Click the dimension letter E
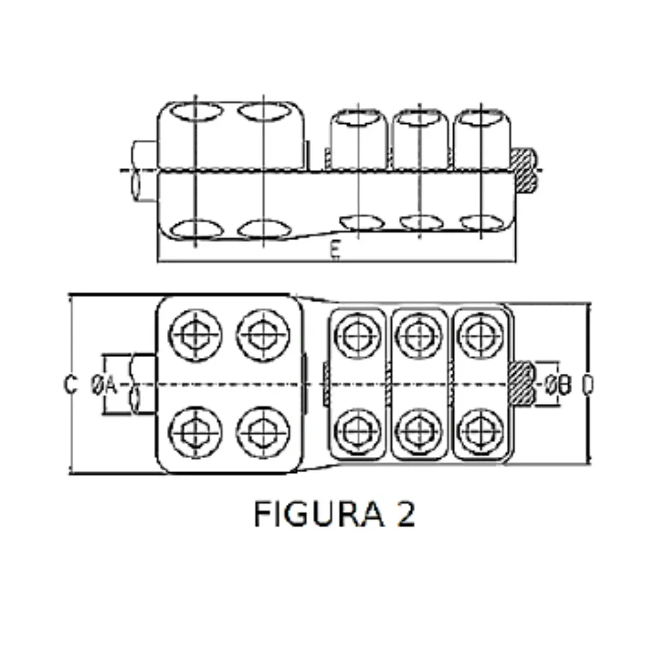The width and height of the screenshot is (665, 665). pyautogui.click(x=335, y=251)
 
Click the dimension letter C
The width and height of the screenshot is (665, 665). pyautogui.click(x=71, y=385)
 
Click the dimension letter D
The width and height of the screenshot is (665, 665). pyautogui.click(x=588, y=385)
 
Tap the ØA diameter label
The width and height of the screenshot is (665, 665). pyautogui.click(x=103, y=385)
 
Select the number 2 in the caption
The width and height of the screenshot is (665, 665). pyautogui.click(x=406, y=515)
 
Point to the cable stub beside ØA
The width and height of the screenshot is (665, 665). pyautogui.click(x=142, y=385)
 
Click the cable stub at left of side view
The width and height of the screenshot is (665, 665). pyautogui.click(x=144, y=171)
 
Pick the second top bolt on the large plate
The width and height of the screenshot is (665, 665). pyautogui.click(x=264, y=335)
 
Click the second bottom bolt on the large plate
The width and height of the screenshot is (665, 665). pyautogui.click(x=264, y=432)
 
